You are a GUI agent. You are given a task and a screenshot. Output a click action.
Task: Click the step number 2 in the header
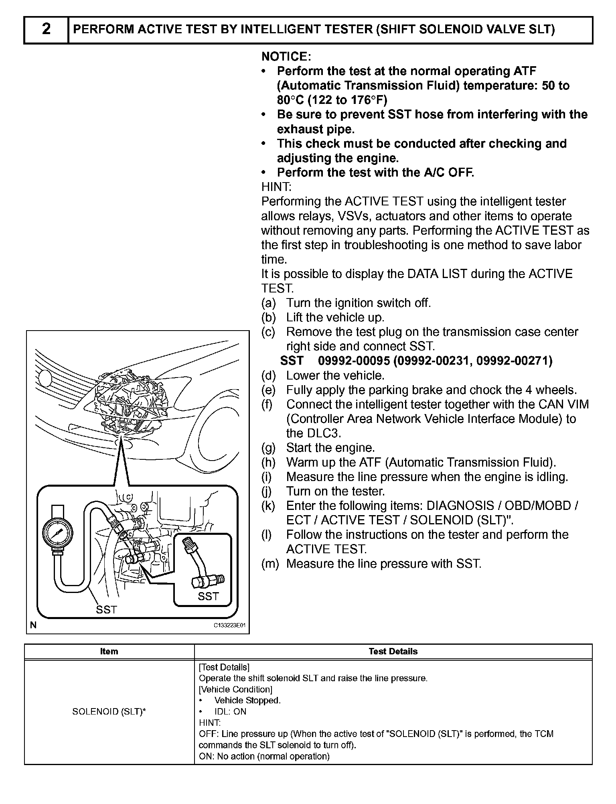[x=46, y=29]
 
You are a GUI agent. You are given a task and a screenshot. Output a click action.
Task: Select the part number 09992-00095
[x=354, y=361]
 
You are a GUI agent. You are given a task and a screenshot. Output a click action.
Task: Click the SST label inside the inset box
[x=208, y=597]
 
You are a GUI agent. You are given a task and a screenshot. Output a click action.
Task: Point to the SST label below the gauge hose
[x=106, y=610]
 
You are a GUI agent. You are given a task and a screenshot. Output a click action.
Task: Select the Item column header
[x=109, y=651]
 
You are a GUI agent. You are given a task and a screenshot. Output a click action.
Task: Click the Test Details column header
[x=393, y=651]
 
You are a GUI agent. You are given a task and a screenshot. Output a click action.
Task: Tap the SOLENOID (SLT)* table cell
[x=109, y=711]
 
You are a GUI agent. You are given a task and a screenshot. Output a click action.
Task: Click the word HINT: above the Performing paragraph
[x=277, y=187]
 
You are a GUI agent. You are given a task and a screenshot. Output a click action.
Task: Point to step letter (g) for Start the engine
[x=268, y=448]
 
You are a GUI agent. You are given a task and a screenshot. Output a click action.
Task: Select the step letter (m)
[x=269, y=564]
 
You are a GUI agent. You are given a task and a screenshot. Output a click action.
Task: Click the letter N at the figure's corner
[x=33, y=625]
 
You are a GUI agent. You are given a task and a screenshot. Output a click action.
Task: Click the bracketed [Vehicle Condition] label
[x=236, y=689]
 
